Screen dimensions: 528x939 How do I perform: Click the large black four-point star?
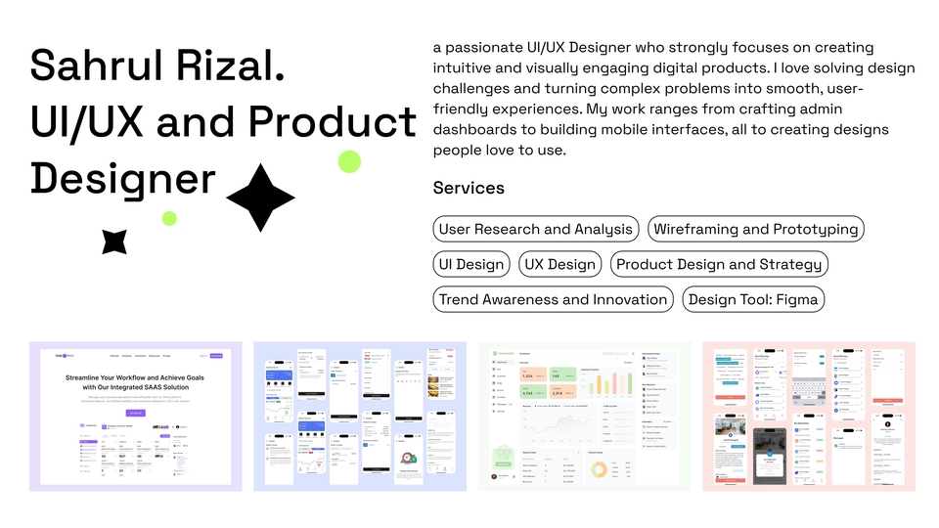coord(260,198)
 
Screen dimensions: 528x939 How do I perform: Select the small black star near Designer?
coord(114,241)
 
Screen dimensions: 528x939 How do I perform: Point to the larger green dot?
coord(349,161)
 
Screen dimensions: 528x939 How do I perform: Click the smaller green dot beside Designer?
coord(169,218)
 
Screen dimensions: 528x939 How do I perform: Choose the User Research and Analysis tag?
coord(535,229)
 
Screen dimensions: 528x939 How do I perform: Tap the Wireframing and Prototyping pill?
coord(756,229)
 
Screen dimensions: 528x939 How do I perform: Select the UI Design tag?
coord(471,264)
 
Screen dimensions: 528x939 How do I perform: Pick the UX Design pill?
coord(559,264)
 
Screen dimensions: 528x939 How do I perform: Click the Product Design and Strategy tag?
coord(719,264)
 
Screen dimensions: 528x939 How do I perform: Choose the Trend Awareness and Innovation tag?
coord(554,299)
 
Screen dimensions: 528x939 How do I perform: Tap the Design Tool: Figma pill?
coord(753,299)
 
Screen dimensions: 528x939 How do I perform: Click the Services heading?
coord(469,188)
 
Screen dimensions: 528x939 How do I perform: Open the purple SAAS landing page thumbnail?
coord(135,416)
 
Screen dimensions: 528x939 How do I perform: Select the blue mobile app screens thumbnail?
coord(359,416)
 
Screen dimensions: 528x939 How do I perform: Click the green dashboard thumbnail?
coord(584,416)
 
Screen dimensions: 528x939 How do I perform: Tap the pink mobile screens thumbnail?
coord(809,416)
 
